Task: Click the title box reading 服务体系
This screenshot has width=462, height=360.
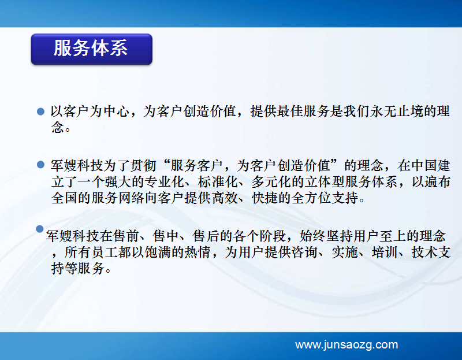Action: [x=92, y=49]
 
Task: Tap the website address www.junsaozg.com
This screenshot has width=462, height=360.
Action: [x=346, y=344]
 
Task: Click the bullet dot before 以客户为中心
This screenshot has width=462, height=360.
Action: [x=40, y=112]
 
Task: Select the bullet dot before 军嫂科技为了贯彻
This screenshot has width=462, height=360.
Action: [x=40, y=165]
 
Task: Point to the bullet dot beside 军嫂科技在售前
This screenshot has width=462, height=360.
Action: [x=40, y=229]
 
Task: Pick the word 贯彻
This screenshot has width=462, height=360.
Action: [x=143, y=165]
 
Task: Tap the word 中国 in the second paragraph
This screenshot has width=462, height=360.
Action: [x=424, y=165]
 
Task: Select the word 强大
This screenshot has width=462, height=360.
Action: [x=118, y=181]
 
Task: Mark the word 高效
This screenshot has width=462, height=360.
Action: [x=225, y=198]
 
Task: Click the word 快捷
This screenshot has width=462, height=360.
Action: [x=264, y=198]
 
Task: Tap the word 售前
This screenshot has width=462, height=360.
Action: [x=126, y=236]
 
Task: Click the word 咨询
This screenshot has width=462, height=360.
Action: [x=304, y=252]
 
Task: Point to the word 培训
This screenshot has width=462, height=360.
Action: [x=385, y=252]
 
